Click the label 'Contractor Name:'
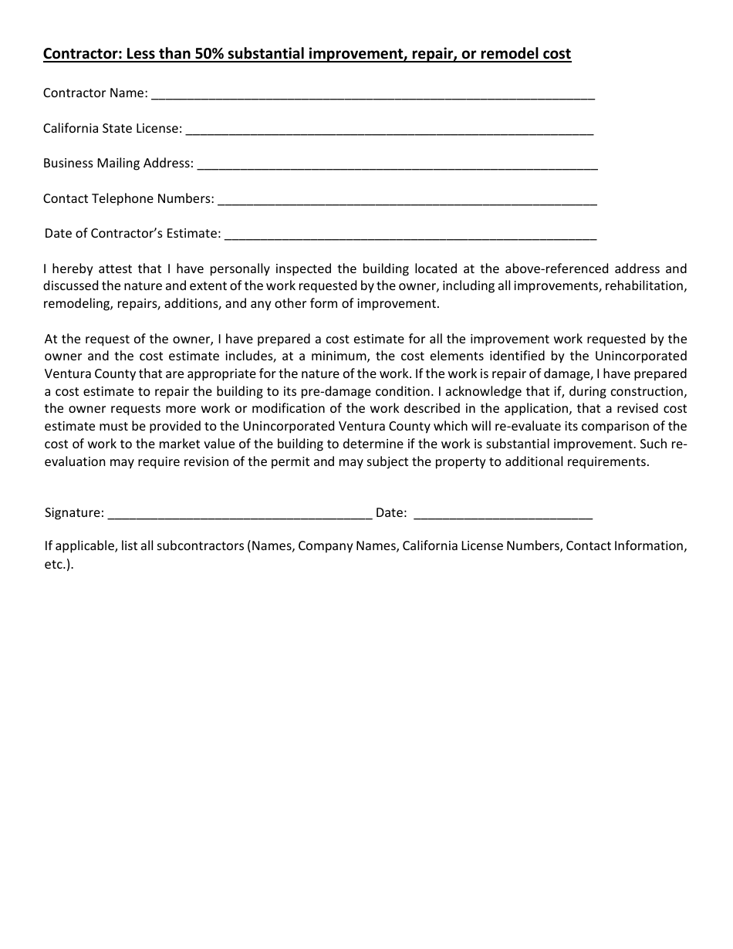[95, 93]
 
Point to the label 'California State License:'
[113, 129]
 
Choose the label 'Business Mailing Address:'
[118, 164]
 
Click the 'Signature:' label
[74, 513]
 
